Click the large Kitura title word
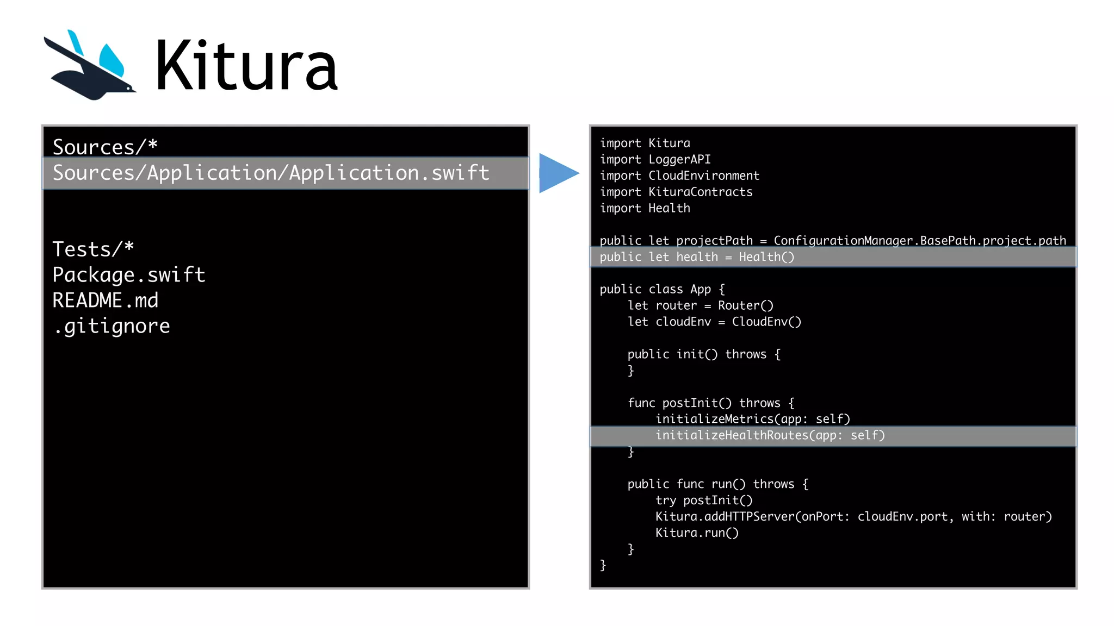click(x=246, y=66)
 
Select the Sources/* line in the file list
click(x=105, y=147)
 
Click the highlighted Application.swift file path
click(x=271, y=173)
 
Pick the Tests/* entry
click(x=93, y=249)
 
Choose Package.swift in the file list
click(x=129, y=275)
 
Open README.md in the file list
click(x=106, y=301)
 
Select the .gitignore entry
click(x=112, y=326)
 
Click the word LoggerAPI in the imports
click(x=679, y=159)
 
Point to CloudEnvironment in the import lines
click(x=703, y=176)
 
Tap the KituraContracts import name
click(x=700, y=192)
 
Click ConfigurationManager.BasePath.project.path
click(x=919, y=241)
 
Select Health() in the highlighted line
click(x=766, y=257)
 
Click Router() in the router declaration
click(x=745, y=305)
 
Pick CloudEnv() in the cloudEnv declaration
click(x=766, y=322)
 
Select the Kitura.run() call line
click(x=697, y=533)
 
